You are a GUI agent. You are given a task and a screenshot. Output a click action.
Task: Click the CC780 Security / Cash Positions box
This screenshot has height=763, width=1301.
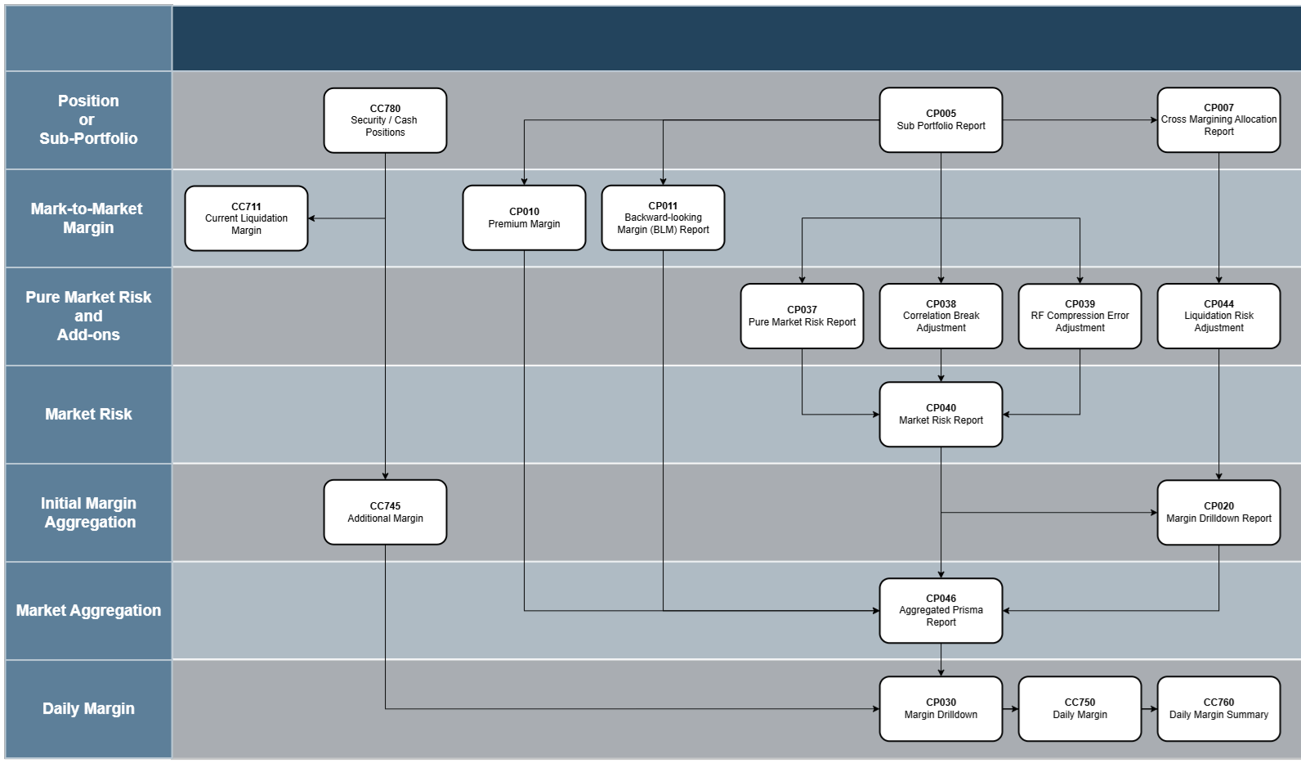[385, 120]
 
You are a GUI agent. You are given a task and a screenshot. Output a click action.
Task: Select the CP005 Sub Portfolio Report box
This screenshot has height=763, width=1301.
[941, 120]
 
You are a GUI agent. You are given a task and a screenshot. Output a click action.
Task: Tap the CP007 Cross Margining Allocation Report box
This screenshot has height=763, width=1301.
[1218, 120]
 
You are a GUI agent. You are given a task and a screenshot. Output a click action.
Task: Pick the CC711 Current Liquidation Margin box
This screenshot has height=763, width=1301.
[246, 218]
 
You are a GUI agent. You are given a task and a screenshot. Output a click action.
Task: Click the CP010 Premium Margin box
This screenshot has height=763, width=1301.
[524, 218]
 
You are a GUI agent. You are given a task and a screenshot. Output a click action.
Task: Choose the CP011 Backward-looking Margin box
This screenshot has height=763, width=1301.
[663, 218]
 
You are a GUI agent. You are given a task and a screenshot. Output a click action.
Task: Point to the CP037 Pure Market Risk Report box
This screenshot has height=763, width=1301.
[802, 316]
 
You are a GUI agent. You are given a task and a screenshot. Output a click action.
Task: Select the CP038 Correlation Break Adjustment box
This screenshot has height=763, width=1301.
[941, 316]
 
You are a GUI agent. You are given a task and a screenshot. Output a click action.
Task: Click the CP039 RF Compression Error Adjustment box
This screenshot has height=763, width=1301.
[1080, 316]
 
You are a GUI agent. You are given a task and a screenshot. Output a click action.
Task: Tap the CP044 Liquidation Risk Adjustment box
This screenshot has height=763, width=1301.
[1218, 316]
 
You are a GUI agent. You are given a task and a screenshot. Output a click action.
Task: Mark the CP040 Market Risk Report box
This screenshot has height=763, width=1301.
[941, 415]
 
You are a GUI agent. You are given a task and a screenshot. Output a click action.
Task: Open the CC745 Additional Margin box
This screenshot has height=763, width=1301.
[385, 512]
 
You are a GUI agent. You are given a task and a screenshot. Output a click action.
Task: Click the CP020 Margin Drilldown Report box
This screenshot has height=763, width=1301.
[1218, 513]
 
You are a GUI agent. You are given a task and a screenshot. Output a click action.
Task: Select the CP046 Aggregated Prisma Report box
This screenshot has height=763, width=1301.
[941, 611]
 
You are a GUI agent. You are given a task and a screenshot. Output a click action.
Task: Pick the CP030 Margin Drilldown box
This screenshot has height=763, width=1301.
[941, 709]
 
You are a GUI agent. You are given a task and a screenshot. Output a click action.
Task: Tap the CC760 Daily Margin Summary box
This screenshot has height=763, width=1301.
[1218, 709]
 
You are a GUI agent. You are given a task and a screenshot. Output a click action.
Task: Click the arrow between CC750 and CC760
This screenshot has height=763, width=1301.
[1149, 709]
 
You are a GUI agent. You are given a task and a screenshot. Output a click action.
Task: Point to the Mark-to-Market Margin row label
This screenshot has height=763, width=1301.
[87, 218]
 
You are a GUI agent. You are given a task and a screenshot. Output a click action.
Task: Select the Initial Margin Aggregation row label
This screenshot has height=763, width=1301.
[89, 513]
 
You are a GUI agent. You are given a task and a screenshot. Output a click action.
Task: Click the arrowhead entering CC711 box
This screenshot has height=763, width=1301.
[312, 218]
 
